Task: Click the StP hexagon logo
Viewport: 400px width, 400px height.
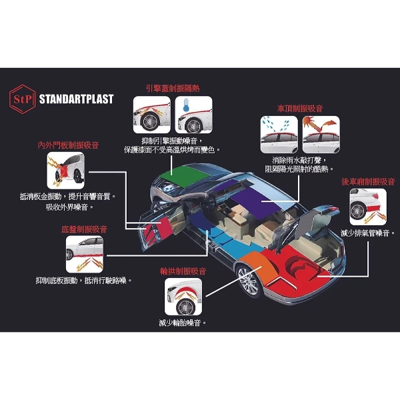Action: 22,99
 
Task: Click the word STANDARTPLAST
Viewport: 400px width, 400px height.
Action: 76,99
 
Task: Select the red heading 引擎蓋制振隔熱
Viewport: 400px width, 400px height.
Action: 173,89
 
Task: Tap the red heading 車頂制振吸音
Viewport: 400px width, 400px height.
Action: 300,109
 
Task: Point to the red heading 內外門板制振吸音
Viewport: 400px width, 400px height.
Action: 68,145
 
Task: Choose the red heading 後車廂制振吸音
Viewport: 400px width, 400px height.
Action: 368,181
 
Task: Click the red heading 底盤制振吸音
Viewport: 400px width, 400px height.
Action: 84,229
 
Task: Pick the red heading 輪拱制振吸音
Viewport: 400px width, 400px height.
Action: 183,271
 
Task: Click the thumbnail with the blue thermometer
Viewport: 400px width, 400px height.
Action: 193,115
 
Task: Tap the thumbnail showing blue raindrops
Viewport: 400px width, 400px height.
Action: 279,135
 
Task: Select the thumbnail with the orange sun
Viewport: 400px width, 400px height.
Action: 321,135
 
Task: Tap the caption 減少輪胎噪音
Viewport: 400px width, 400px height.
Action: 183,323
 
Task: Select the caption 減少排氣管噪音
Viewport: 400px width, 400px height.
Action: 368,233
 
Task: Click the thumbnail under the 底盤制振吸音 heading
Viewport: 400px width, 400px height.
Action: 85,254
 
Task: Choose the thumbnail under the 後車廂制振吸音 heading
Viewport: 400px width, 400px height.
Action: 368,207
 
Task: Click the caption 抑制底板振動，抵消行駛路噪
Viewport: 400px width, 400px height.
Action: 84,281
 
